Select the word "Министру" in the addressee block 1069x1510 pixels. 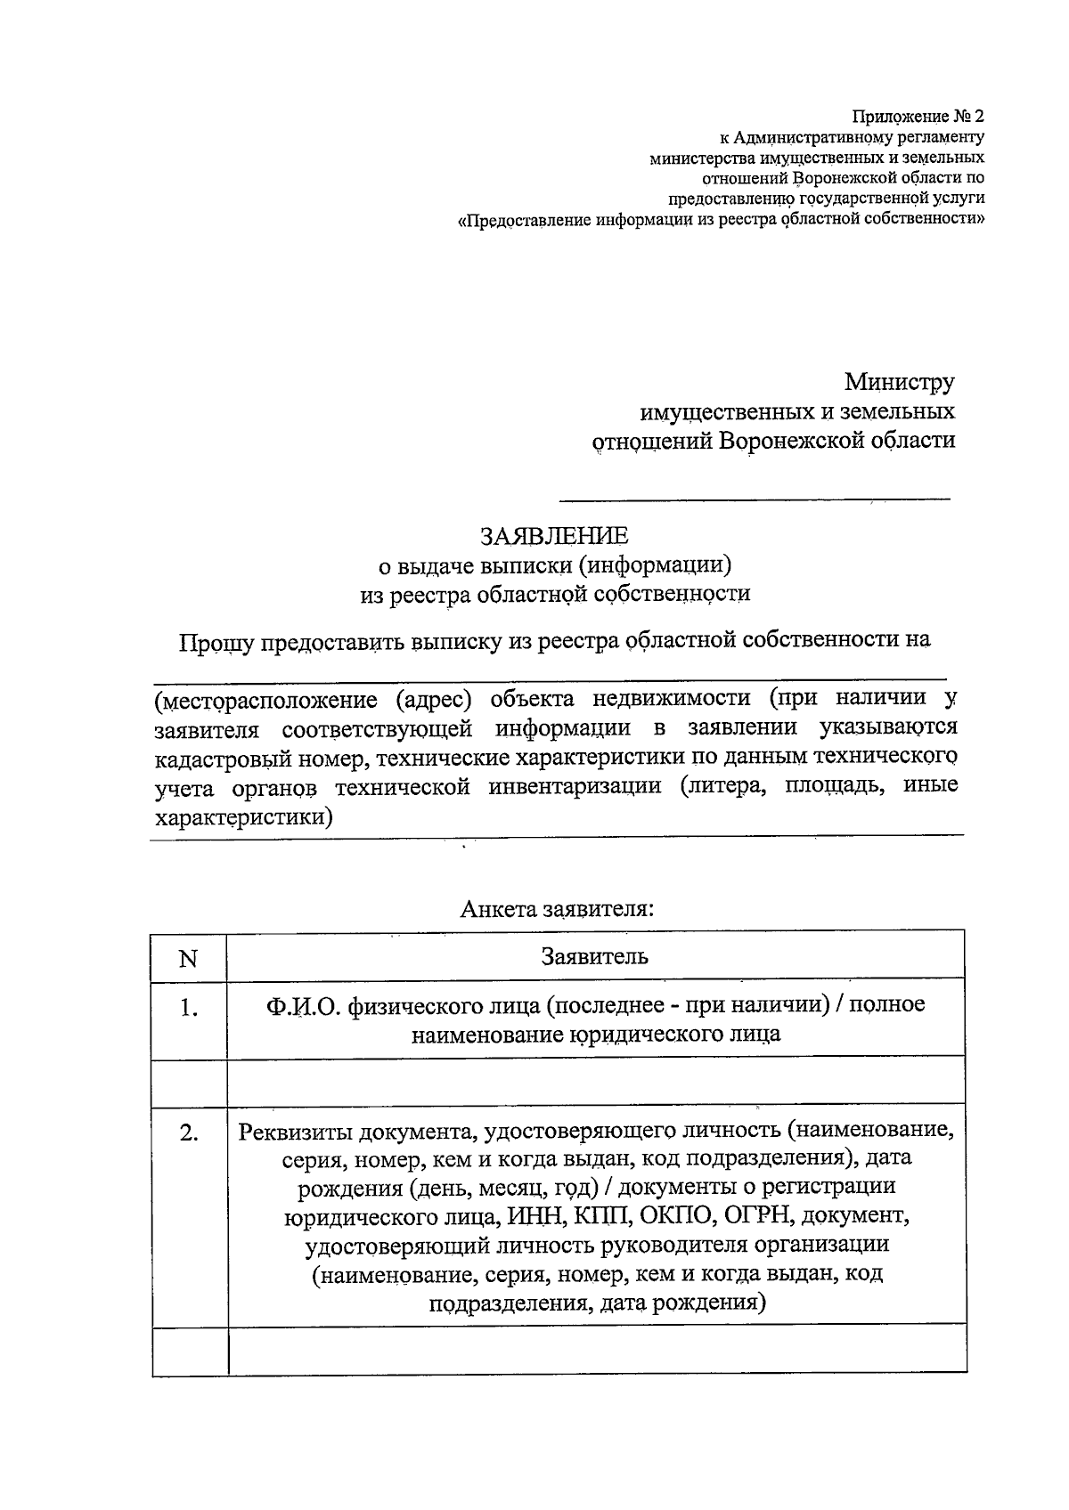coord(899,382)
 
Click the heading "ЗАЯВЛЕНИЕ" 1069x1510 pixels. coord(554,536)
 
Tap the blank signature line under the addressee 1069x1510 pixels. coord(755,497)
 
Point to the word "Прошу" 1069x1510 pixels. coord(216,640)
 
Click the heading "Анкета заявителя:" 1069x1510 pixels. coord(557,909)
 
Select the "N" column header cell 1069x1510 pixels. coord(188,958)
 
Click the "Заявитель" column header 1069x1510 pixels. coord(595,957)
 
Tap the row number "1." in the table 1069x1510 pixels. coord(188,1008)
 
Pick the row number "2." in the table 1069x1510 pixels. coord(188,1133)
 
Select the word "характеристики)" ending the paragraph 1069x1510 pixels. coord(243,816)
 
